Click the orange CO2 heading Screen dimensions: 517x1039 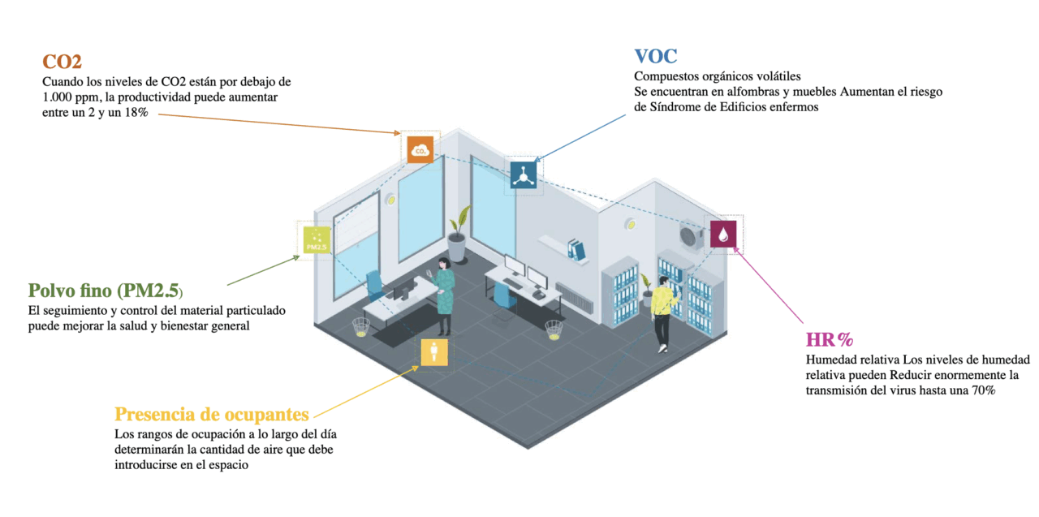click(x=62, y=62)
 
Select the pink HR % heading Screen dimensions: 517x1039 click(x=829, y=340)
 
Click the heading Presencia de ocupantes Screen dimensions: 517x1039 click(x=211, y=414)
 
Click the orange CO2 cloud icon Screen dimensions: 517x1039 click(x=420, y=149)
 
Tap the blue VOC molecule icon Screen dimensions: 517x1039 click(x=523, y=174)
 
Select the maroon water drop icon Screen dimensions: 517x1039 click(x=723, y=235)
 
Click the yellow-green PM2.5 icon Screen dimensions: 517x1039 click(x=314, y=239)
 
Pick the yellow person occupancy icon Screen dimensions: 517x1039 click(x=434, y=352)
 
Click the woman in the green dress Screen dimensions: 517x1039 click(x=443, y=294)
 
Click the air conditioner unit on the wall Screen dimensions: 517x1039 click(x=691, y=235)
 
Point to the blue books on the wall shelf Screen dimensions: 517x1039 click(x=576, y=248)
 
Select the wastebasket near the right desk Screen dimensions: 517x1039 click(x=553, y=330)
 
